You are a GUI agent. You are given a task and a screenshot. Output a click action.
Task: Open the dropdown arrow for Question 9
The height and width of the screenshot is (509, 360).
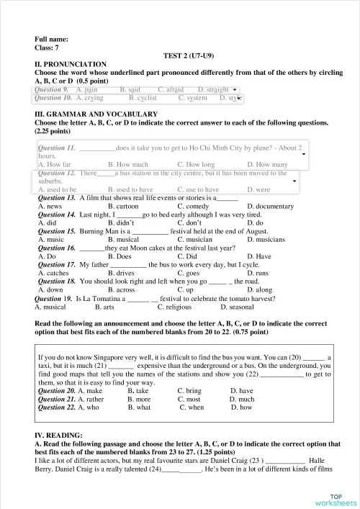click(x=235, y=90)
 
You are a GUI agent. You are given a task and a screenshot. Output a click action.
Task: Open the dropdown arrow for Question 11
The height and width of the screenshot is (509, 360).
click(x=303, y=153)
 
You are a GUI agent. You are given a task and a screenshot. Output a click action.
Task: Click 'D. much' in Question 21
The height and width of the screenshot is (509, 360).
click(x=242, y=399)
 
